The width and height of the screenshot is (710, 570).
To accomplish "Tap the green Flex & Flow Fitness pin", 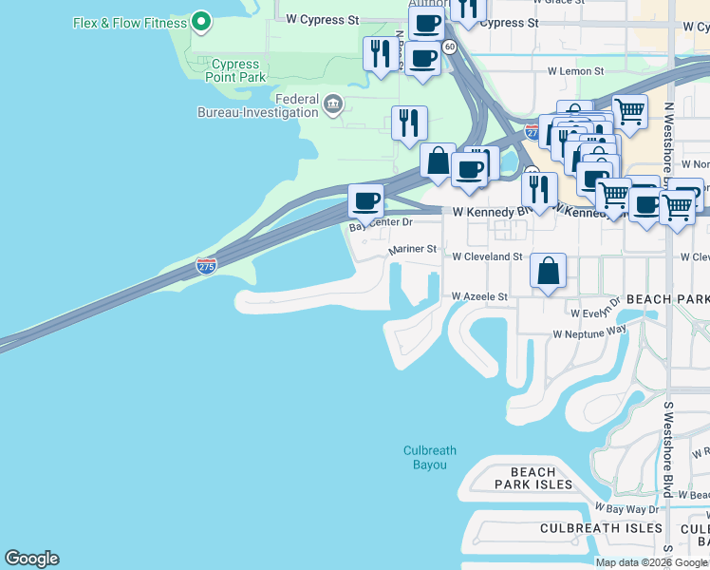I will pyautogui.click(x=200, y=20).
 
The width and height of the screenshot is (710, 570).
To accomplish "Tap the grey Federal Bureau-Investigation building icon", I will pyautogui.click(x=332, y=104).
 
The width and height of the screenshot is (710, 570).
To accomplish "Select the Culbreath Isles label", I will pyautogui.click(x=601, y=528).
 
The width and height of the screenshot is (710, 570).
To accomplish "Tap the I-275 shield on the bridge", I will pyautogui.click(x=206, y=266).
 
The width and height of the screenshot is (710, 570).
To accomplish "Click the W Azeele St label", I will pyautogui.click(x=479, y=296).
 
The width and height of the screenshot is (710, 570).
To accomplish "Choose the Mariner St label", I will pyautogui.click(x=412, y=249).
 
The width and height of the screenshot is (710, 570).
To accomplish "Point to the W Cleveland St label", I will pyautogui.click(x=486, y=256).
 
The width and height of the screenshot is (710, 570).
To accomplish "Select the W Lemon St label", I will pyautogui.click(x=575, y=71).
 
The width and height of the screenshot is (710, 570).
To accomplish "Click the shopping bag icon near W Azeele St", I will pyautogui.click(x=549, y=271).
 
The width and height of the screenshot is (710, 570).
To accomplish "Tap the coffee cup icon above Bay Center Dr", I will pyautogui.click(x=365, y=201).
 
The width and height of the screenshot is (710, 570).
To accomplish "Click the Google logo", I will pyautogui.click(x=31, y=559).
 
